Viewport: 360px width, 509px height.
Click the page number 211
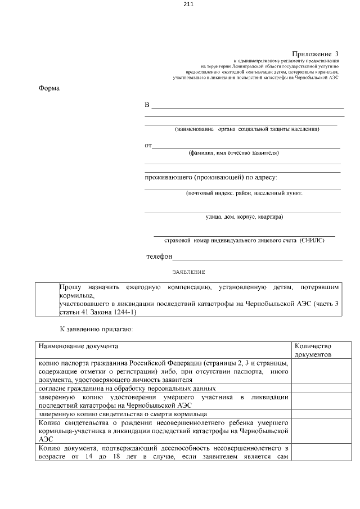tap(188, 4)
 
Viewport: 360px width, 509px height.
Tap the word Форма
tap(49, 88)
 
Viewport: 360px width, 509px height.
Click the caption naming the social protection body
tap(247, 129)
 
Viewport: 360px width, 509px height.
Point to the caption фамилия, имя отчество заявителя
tap(233, 152)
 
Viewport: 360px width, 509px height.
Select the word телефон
tap(159, 256)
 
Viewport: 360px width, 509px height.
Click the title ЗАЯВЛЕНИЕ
tap(188, 272)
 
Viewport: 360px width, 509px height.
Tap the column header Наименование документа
tap(78, 346)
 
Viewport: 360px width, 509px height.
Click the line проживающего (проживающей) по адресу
tap(210, 178)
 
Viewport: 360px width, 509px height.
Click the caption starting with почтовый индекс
tap(244, 193)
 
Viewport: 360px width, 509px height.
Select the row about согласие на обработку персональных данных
tap(127, 389)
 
